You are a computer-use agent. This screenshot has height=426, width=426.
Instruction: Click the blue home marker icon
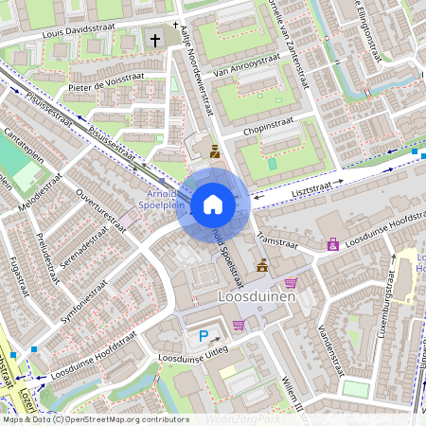point(213,204)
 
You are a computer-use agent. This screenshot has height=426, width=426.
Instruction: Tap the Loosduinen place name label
point(257,296)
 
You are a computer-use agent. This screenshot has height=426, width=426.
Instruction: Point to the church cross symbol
point(155,41)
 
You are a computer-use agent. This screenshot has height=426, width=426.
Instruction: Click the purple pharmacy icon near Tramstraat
point(333,244)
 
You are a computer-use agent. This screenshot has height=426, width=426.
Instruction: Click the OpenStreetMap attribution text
point(96,418)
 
